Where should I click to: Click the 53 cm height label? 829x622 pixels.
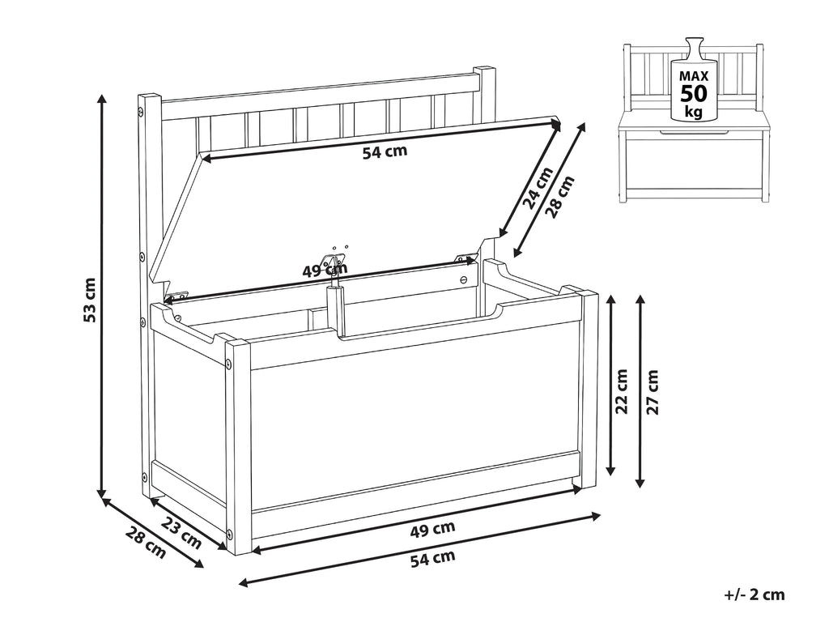[90, 300]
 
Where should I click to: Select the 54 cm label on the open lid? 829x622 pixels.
[385, 151]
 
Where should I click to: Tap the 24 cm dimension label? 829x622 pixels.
[538, 187]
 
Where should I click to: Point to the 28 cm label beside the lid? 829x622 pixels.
[560, 197]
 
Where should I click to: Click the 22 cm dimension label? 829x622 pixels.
[622, 391]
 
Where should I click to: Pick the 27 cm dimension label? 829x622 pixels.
[653, 391]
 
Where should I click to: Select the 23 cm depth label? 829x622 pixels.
[181, 532]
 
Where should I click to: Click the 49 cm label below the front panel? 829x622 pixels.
[432, 529]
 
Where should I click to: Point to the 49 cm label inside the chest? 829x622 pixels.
[325, 271]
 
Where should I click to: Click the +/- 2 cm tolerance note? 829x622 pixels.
[755, 594]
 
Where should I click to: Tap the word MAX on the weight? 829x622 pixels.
[694, 76]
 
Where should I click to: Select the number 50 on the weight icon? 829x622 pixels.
[694, 94]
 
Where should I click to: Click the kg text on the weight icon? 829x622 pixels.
[693, 112]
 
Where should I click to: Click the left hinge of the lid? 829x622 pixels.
[177, 295]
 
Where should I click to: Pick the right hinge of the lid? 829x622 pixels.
[465, 258]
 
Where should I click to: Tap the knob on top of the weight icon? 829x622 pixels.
[694, 46]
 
